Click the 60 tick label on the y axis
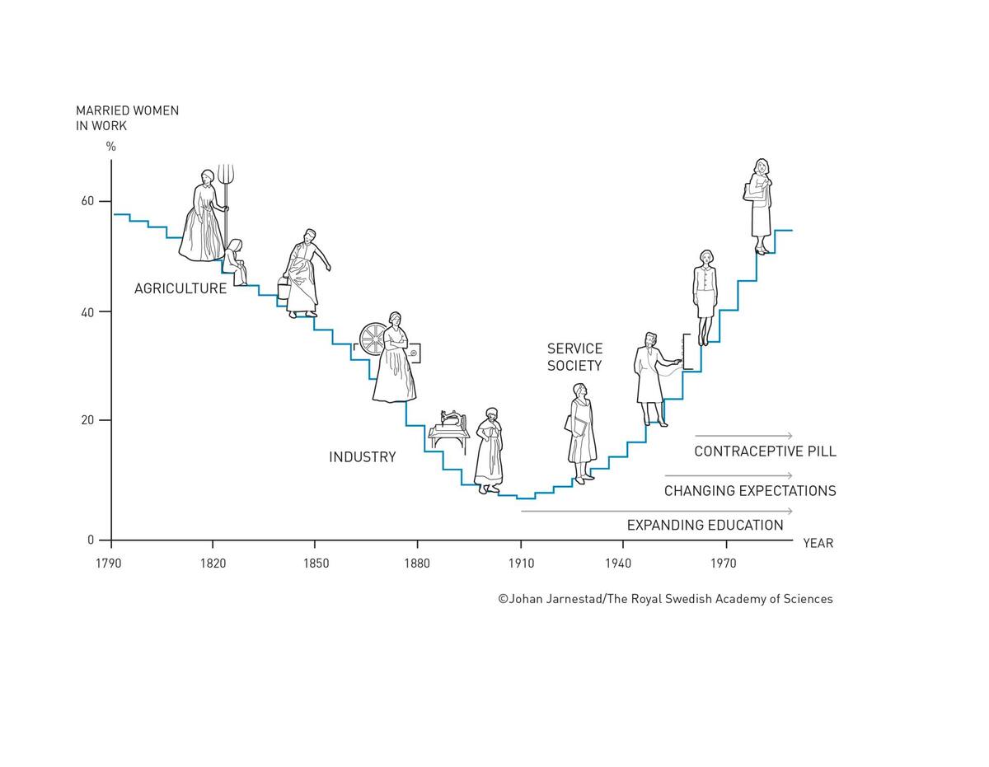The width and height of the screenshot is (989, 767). click(87, 201)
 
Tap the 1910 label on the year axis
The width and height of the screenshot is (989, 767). click(521, 564)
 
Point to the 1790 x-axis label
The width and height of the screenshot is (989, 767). click(109, 564)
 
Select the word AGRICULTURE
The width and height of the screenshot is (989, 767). click(180, 288)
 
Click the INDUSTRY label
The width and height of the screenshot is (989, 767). click(363, 457)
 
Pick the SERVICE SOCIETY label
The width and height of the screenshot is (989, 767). click(574, 358)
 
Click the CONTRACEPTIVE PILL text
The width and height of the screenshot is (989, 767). click(765, 451)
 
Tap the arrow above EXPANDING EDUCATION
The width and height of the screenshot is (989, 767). click(656, 512)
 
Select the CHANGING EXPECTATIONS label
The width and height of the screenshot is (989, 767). click(750, 491)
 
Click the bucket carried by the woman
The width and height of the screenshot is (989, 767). click(284, 291)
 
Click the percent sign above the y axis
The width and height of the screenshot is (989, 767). click(111, 147)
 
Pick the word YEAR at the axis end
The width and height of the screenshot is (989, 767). click(818, 544)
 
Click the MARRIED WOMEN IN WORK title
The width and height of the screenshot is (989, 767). click(127, 118)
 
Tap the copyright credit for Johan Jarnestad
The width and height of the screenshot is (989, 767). click(665, 599)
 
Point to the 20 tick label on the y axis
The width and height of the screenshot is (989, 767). click(87, 420)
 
